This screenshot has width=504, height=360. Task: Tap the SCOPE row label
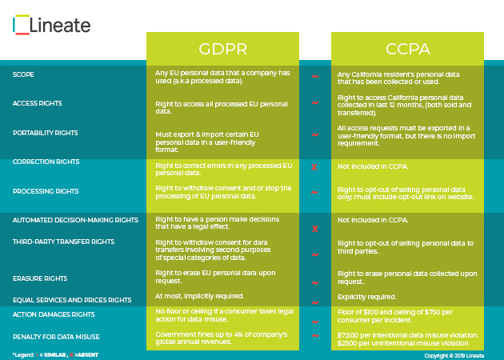(23, 74)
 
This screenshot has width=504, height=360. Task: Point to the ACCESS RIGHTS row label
(37, 103)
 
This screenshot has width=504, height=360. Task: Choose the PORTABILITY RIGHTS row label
(45, 133)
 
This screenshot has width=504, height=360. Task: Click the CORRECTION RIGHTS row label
(46, 162)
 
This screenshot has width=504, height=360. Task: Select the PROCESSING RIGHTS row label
(45, 191)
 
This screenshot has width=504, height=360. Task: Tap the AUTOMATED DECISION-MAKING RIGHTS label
(70, 219)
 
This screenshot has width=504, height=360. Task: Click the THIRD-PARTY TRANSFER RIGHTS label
(63, 241)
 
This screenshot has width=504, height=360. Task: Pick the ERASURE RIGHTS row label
(38, 279)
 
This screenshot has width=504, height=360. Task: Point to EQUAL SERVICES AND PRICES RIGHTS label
(72, 299)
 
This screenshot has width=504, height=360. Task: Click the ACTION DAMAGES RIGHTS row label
(54, 314)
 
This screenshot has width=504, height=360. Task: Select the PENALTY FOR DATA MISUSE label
(55, 336)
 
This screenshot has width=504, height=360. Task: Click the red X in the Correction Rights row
(314, 167)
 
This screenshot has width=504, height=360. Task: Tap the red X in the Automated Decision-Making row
(314, 229)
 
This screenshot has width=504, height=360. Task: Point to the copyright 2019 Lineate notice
(454, 354)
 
